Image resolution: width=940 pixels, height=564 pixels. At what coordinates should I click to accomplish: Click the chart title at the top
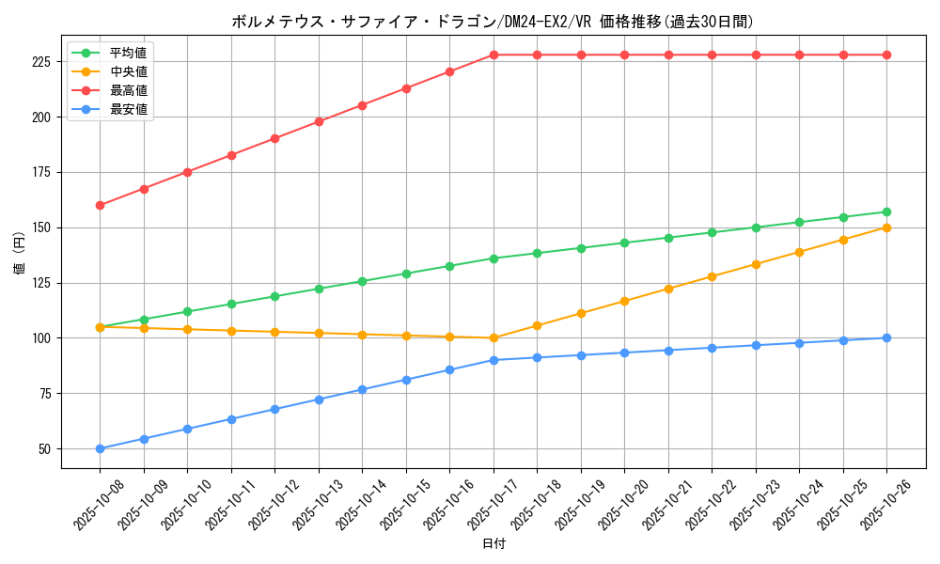(x=493, y=22)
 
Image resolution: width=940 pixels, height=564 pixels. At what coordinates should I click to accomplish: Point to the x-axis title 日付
(x=493, y=544)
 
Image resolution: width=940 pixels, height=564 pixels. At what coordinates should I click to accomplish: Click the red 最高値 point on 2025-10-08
(x=100, y=205)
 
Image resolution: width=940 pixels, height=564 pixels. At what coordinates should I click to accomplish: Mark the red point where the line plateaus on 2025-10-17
(x=493, y=55)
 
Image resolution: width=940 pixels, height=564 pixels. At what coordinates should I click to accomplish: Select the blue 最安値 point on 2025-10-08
(x=100, y=448)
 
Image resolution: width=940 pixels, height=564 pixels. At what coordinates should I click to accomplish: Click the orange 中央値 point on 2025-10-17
(x=493, y=337)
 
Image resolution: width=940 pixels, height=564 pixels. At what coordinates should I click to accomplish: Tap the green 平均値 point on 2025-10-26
(x=886, y=211)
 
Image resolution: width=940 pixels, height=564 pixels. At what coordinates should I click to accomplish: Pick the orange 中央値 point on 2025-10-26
(x=886, y=227)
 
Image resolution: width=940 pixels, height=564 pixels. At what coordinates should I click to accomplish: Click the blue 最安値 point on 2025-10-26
(x=886, y=337)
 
